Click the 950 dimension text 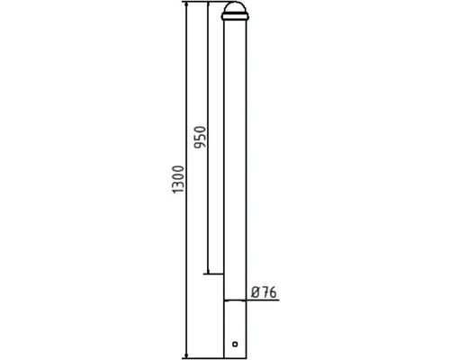200,136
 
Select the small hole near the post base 236,344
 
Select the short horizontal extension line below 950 215,273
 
